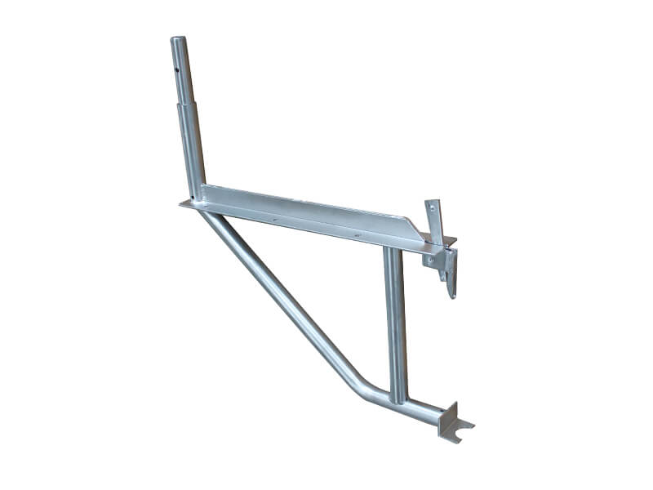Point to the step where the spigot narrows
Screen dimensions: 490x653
pyautogui.click(x=186, y=104)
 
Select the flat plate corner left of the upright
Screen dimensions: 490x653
pyautogui.click(x=185, y=205)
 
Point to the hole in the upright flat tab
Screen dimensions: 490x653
pyautogui.click(x=433, y=210)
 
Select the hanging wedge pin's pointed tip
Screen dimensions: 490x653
pyautogui.click(x=452, y=295)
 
